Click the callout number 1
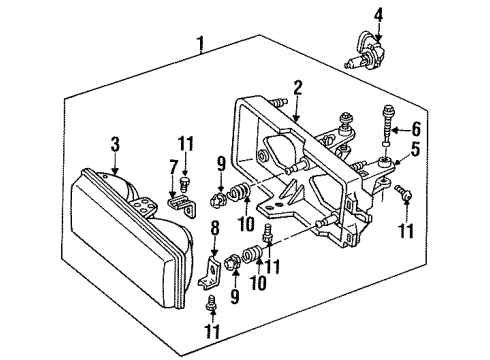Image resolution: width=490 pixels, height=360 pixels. (x=202, y=43)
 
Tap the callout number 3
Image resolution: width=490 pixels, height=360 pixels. (x=115, y=146)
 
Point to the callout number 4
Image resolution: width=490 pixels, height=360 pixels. (x=378, y=13)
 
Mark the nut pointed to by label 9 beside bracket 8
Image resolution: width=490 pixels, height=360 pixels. (x=233, y=265)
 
